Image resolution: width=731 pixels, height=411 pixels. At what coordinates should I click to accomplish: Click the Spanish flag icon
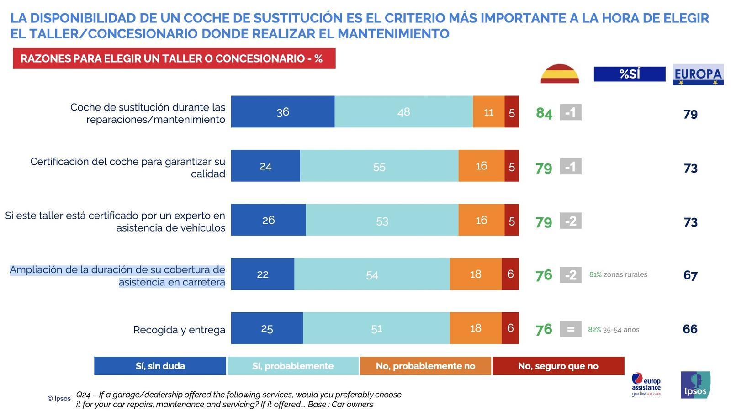pyautogui.click(x=560, y=74)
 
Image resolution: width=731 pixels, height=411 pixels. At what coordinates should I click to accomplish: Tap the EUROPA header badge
pyautogui.click(x=698, y=74)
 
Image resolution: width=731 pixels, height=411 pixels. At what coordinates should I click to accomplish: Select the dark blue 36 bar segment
pyautogui.click(x=282, y=112)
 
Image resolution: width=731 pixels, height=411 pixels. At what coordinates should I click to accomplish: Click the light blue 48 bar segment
pyautogui.click(x=403, y=112)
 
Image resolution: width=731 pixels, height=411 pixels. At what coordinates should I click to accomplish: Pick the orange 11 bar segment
pyautogui.click(x=488, y=112)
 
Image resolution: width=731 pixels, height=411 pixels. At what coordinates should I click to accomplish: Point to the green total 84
pyautogui.click(x=544, y=113)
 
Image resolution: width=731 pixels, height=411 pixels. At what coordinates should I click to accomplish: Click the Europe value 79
pyautogui.click(x=690, y=114)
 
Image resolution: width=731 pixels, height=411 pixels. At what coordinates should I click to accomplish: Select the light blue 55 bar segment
pyautogui.click(x=379, y=166)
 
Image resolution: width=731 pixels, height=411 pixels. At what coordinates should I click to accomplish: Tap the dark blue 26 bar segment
pyautogui.click(x=268, y=220)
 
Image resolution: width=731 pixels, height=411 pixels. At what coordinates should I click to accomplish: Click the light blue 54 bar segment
pyautogui.click(x=372, y=274)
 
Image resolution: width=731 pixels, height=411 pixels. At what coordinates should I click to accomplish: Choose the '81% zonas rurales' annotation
pyautogui.click(x=618, y=274)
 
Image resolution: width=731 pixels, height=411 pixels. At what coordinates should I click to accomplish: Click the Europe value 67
pyautogui.click(x=690, y=276)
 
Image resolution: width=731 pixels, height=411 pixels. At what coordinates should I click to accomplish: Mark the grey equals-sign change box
pyautogui.click(x=570, y=329)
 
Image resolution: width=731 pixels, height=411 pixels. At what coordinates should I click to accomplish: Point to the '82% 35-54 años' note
pyautogui.click(x=614, y=329)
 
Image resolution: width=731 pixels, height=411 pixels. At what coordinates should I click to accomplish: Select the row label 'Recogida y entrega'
pyautogui.click(x=179, y=330)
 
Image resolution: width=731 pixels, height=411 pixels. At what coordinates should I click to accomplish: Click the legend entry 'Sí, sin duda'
pyautogui.click(x=160, y=366)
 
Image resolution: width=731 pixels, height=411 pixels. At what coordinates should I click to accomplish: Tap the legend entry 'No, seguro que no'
pyautogui.click(x=558, y=366)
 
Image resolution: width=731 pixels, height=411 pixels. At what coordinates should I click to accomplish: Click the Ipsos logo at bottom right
pyautogui.click(x=695, y=385)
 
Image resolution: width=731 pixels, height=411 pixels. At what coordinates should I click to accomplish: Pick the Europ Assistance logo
pyautogui.click(x=646, y=385)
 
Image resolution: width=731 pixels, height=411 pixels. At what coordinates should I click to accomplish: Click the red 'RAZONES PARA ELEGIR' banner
pyautogui.click(x=174, y=58)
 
